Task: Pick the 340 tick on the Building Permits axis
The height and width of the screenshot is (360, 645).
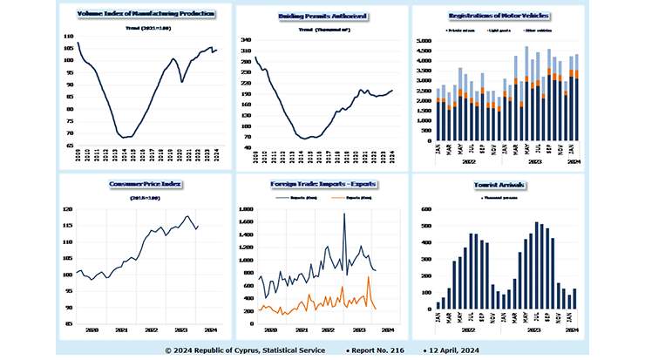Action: pyautogui.click(x=245, y=39)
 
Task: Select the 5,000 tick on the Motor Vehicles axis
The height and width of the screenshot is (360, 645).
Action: pyautogui.click(x=422, y=41)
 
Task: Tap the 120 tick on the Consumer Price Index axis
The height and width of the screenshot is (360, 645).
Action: pyautogui.click(x=68, y=210)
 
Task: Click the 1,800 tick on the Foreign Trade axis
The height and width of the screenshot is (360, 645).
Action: pyautogui.click(x=243, y=210)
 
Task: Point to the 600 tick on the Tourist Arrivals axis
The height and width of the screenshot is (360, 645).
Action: pyautogui.click(x=424, y=210)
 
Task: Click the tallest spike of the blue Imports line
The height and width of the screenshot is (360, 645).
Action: pyautogui.click(x=343, y=214)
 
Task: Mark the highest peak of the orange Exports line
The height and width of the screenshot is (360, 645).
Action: pyautogui.click(x=369, y=277)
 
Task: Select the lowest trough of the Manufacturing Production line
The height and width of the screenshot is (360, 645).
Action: pyautogui.click(x=125, y=137)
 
